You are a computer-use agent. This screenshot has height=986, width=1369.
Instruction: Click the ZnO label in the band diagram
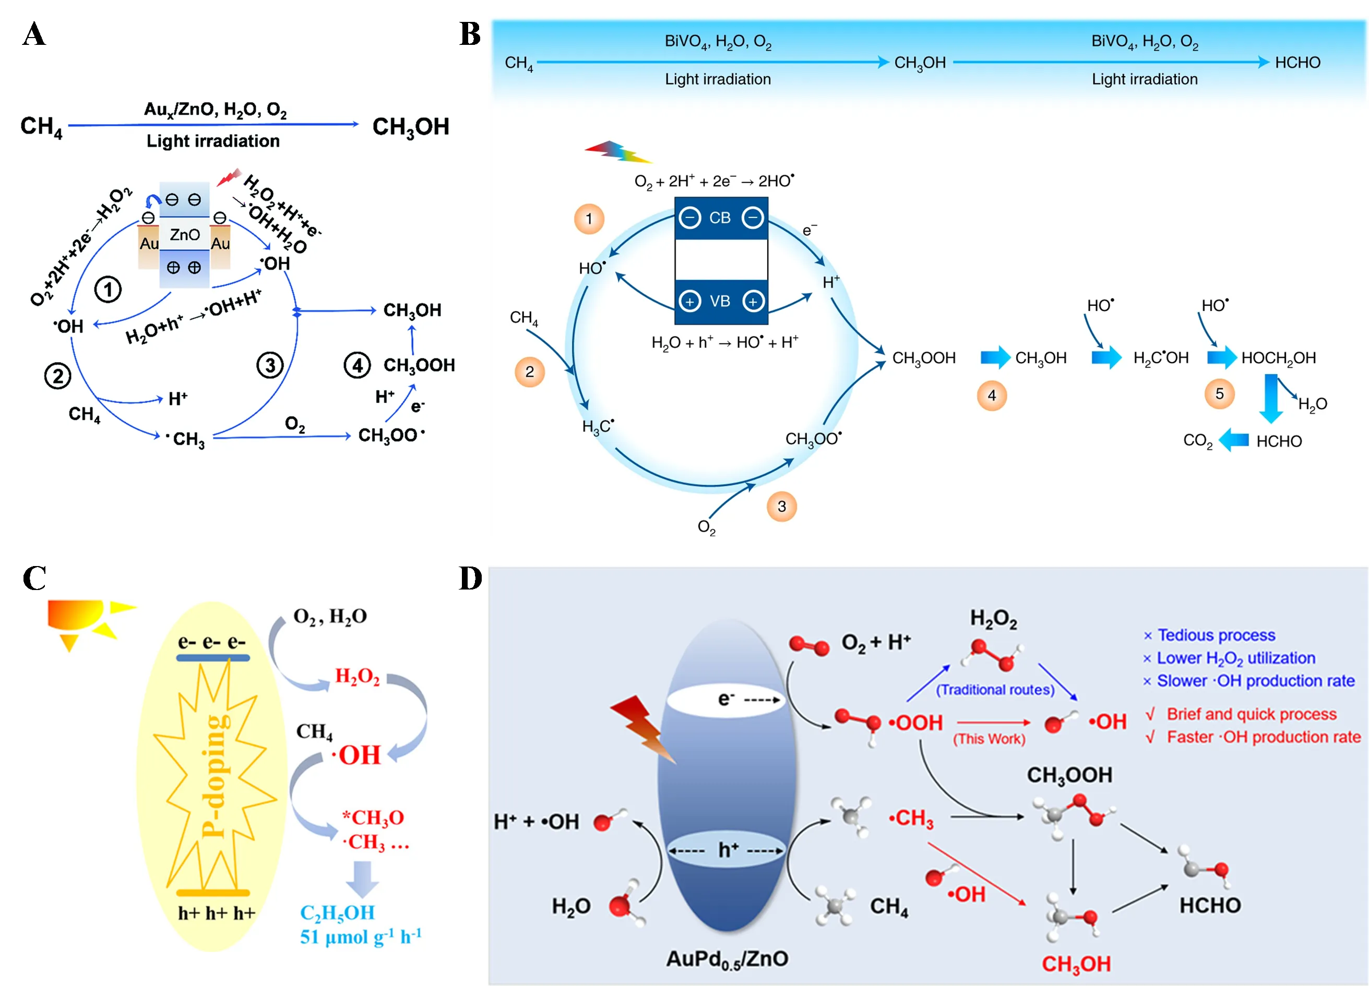(x=184, y=234)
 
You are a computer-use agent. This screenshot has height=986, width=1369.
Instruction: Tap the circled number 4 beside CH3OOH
(x=358, y=365)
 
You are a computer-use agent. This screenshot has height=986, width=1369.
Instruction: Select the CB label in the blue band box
(x=720, y=218)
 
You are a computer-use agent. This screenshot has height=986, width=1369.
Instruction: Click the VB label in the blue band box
(x=720, y=301)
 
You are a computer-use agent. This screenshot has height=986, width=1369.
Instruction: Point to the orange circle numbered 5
(x=1219, y=394)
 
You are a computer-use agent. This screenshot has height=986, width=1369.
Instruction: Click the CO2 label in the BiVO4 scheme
(x=1198, y=441)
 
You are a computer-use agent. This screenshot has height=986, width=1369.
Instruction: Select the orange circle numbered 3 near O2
(x=782, y=506)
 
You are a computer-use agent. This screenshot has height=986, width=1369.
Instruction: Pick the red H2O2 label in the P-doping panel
(x=358, y=677)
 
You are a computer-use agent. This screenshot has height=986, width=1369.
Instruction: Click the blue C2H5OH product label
(x=337, y=912)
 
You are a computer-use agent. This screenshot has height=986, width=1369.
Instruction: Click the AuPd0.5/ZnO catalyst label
(x=727, y=959)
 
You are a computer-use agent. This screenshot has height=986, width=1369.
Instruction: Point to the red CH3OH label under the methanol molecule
(x=1076, y=964)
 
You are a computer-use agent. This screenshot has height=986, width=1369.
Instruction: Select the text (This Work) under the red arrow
(x=989, y=739)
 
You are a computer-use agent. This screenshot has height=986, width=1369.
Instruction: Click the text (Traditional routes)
(x=995, y=690)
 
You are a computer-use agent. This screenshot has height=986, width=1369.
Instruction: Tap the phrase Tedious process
(x=1216, y=635)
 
